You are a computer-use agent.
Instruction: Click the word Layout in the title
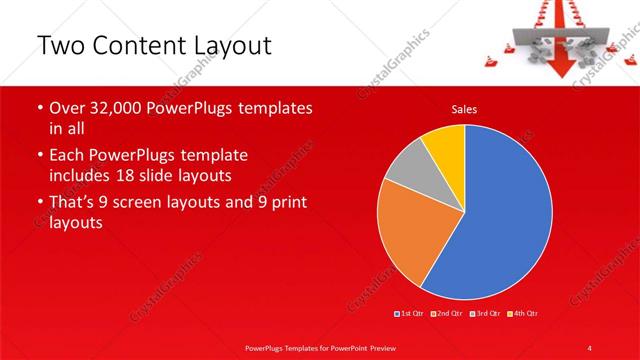pos(232,46)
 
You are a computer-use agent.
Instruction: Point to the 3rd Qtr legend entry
pos(484,314)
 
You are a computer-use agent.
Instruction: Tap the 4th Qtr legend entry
pos(523,314)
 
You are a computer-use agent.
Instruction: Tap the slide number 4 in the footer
pos(591,347)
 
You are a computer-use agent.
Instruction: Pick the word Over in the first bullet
pos(67,107)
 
